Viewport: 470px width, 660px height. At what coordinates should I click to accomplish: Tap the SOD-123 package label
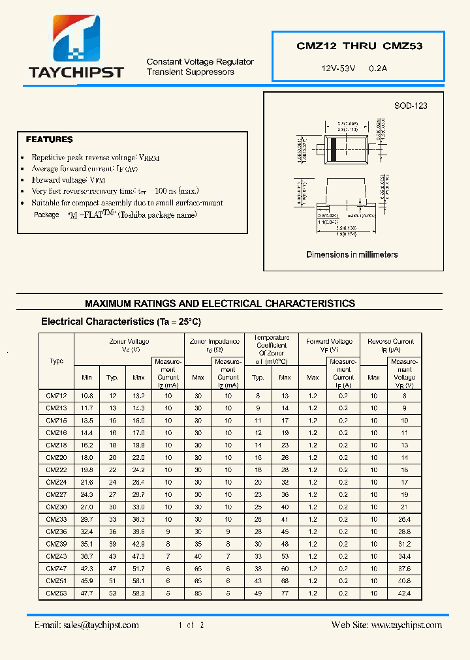(x=411, y=106)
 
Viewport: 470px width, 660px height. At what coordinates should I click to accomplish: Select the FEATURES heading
(x=49, y=140)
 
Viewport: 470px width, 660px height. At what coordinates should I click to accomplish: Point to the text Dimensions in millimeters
(x=352, y=254)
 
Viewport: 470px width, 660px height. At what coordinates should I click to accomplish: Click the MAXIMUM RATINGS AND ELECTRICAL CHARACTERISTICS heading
(x=220, y=303)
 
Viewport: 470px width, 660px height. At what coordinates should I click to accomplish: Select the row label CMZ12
(x=56, y=396)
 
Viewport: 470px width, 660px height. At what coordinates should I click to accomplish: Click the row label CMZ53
(x=56, y=593)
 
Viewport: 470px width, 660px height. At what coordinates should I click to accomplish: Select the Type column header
(x=57, y=361)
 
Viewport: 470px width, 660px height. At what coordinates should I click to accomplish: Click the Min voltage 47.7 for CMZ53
(x=87, y=593)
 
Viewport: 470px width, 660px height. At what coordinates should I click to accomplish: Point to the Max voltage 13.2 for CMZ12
(x=138, y=396)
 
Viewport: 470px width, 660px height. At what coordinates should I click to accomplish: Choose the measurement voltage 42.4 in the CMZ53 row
(x=405, y=593)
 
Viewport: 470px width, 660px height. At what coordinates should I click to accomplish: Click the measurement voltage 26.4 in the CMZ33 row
(x=405, y=519)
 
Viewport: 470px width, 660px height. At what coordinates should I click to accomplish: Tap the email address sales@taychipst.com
(x=86, y=625)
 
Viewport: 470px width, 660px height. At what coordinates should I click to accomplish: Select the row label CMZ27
(x=56, y=494)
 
